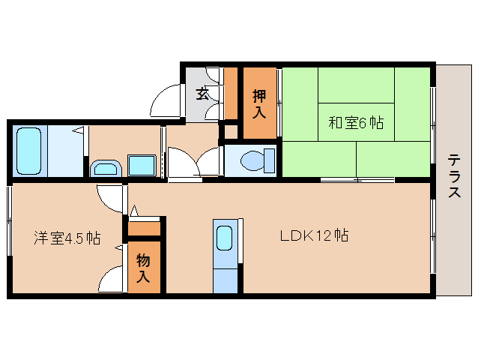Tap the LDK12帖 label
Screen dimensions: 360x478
[313, 235]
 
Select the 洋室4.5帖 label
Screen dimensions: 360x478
[67, 238]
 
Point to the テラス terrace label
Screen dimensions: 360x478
[454, 176]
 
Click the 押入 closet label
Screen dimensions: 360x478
[259, 105]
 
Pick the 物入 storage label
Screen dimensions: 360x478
[143, 268]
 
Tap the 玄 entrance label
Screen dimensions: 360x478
[202, 94]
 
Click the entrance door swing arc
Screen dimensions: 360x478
[166, 98]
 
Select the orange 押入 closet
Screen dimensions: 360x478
[259, 103]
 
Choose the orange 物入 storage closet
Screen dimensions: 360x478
[144, 267]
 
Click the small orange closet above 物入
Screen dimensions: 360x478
[145, 228]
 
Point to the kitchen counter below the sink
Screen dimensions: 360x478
[224, 274]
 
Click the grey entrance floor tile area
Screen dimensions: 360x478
[202, 105]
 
